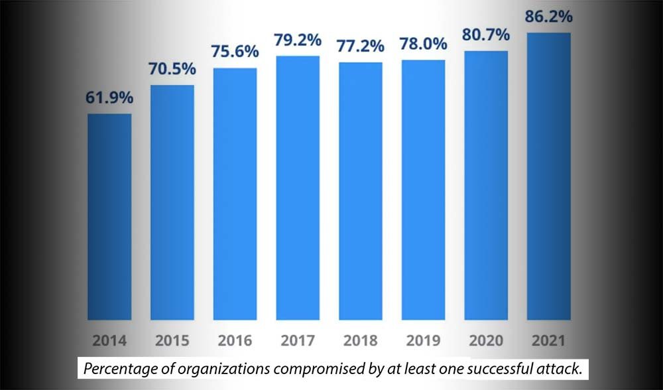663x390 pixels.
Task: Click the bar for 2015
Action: coord(172,202)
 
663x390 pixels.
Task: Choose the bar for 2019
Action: coord(423,190)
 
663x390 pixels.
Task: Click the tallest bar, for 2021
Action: coord(548,176)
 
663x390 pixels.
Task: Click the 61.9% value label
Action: coord(109,98)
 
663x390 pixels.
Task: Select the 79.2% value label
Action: coord(298,40)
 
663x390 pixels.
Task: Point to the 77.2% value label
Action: coord(361,46)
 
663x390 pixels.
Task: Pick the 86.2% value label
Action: coord(548,17)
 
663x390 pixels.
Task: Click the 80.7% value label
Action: coord(486,35)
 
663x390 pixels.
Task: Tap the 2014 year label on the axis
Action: coord(109,342)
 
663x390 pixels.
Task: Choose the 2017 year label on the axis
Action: coord(298,342)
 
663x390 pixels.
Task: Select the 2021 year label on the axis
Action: coord(548,342)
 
